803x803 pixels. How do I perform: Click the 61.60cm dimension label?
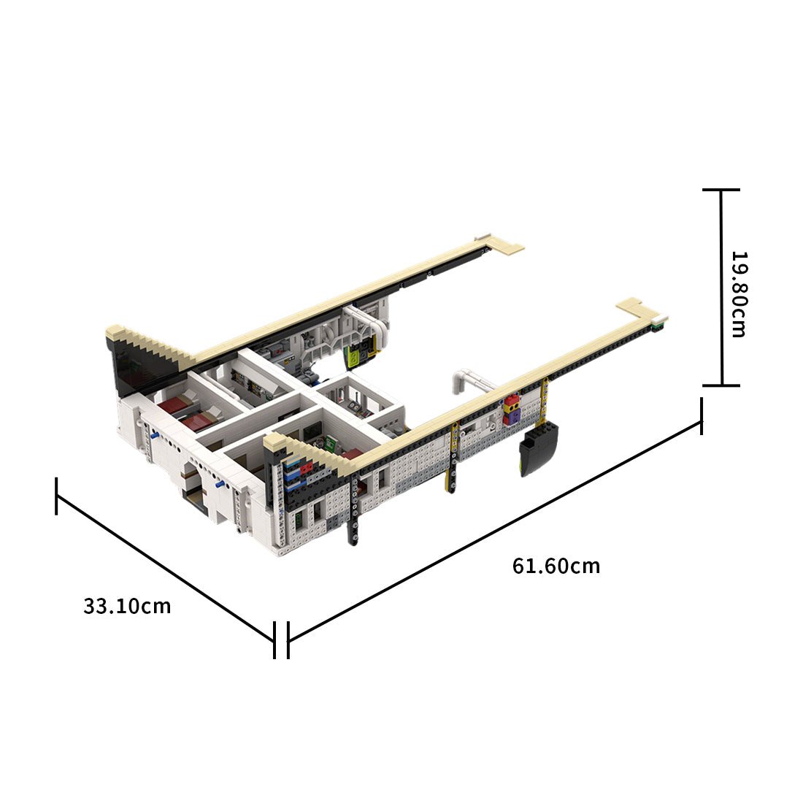pyautogui.click(x=556, y=566)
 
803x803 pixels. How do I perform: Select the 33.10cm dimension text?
pyautogui.click(x=127, y=606)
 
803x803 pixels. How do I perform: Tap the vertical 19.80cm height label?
pyautogui.click(x=739, y=294)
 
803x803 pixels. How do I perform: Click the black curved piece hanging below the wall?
pyautogui.click(x=538, y=449)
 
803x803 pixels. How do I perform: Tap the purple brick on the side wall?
pyautogui.click(x=514, y=416)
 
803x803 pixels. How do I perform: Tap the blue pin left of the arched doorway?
pyautogui.click(x=155, y=435)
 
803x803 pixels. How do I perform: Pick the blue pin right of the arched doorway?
pyautogui.click(x=219, y=484)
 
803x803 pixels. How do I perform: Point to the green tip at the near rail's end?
pyautogui.click(x=660, y=322)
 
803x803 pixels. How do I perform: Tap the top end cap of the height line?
pyautogui.click(x=721, y=190)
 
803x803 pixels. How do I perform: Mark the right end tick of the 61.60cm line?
pyautogui.click(x=702, y=416)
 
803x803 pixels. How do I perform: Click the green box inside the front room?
pyautogui.click(x=330, y=443)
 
